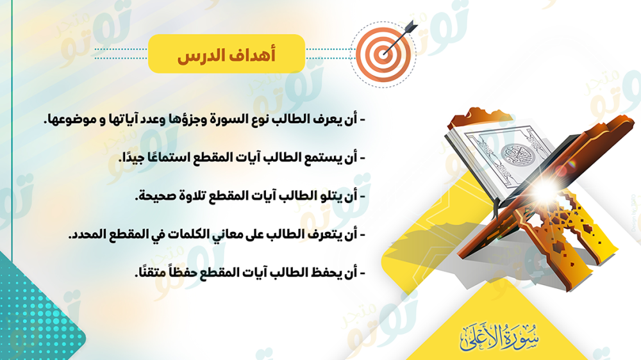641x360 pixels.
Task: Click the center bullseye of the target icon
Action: coord(383,54)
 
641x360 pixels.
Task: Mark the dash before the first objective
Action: coord(362,120)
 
